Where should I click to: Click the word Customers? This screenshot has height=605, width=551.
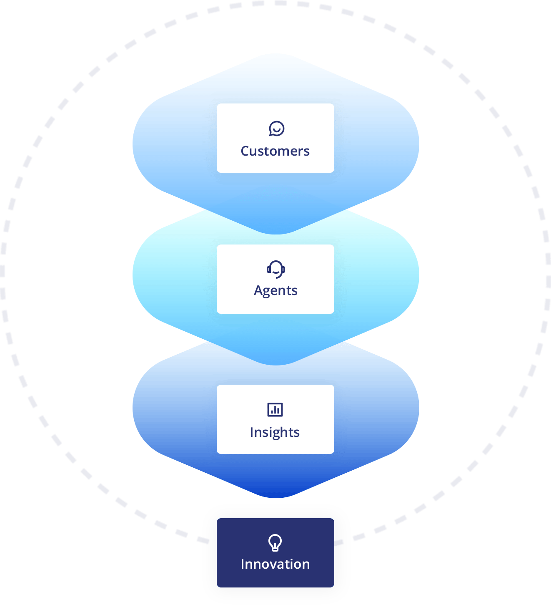tap(275, 151)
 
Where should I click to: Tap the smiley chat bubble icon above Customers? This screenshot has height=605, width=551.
tap(276, 129)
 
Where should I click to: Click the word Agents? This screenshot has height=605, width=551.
tap(275, 290)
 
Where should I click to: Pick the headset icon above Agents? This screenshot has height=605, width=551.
tap(276, 269)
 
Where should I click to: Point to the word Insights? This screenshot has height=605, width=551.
tap(275, 432)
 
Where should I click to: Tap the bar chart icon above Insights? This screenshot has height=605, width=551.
tap(275, 410)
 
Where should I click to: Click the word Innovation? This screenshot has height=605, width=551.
tap(275, 564)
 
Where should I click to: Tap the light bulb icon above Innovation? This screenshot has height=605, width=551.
tap(275, 543)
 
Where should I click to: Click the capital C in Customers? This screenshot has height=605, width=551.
tap(245, 151)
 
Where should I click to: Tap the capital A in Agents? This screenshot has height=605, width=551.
tap(259, 290)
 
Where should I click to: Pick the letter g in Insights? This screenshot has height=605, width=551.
tap(273, 434)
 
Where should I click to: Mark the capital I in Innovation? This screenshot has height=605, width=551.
tap(243, 564)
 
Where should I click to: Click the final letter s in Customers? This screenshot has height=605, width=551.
tap(306, 151)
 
